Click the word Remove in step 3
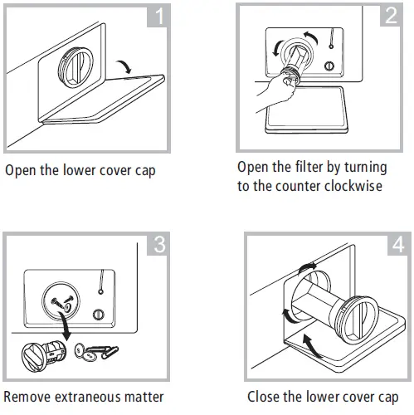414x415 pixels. point(27,396)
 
